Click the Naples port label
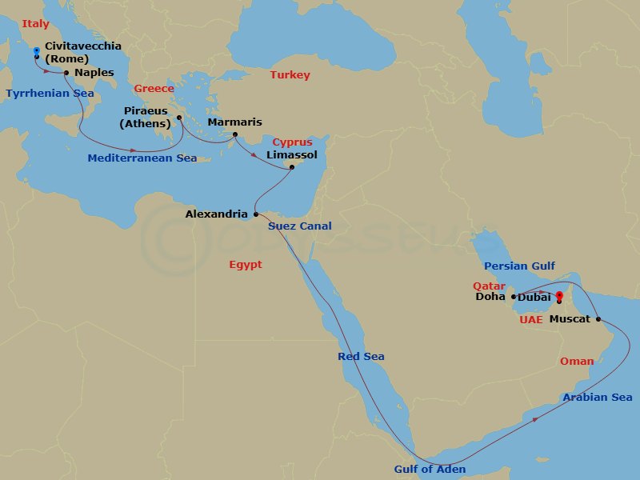pos(94,73)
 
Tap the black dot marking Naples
pos(66,73)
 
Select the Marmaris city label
pos(234,122)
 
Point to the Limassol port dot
pos(292,167)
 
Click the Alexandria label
pos(216,214)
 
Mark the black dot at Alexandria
pos(255,214)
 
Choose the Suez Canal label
pos(299,226)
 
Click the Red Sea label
pos(362,356)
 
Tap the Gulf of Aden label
pos(430,470)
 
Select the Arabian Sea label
pos(597,398)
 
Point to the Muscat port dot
pos(598,319)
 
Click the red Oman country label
pos(577,362)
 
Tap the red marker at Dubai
pos(558,294)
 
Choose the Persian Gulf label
pos(519,266)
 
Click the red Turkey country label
pos(290,75)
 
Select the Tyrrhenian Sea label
pos(50,93)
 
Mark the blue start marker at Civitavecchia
pos(36,50)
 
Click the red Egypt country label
pos(245,265)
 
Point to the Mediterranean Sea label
pos(142,158)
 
